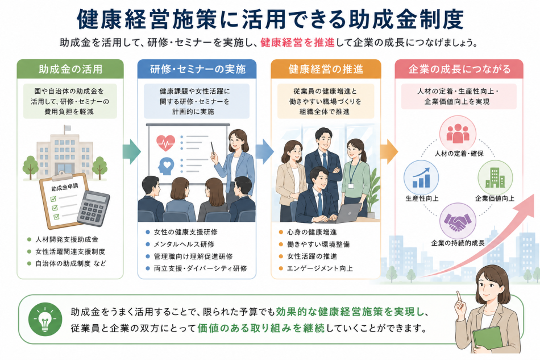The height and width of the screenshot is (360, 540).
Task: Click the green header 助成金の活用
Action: (x=70, y=69)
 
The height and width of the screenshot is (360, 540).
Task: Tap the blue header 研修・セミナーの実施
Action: (x=197, y=69)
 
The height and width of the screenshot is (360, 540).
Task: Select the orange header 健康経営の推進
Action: (x=326, y=69)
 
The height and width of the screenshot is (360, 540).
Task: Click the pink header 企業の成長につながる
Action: (x=459, y=69)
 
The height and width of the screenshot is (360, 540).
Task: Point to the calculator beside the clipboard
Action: (x=93, y=208)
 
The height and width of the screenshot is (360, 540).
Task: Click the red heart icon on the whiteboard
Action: (x=165, y=143)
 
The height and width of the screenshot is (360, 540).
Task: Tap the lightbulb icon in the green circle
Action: (x=45, y=320)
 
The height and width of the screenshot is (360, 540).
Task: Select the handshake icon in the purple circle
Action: (x=458, y=221)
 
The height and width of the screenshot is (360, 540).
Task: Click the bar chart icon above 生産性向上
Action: (x=421, y=177)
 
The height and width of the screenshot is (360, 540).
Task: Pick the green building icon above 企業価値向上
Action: (x=495, y=177)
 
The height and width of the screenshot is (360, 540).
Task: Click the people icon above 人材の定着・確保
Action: (x=458, y=133)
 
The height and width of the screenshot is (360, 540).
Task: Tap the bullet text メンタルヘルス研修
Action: (x=184, y=244)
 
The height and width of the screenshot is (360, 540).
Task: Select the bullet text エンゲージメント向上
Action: (x=320, y=268)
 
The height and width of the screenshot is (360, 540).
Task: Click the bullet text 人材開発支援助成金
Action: (x=67, y=239)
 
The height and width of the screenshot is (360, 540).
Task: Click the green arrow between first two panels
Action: (x=131, y=152)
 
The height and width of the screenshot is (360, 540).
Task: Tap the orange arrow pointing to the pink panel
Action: (x=389, y=152)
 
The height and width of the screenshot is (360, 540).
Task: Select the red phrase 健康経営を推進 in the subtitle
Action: (x=297, y=43)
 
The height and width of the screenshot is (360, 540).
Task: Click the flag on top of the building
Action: (x=67, y=128)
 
